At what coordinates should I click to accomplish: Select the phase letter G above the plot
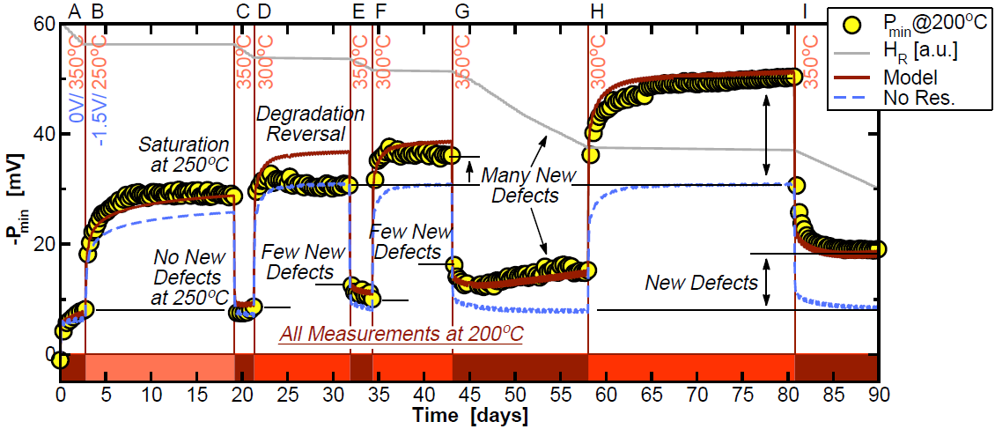click(462, 11)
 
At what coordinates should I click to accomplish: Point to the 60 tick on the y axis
click(41, 25)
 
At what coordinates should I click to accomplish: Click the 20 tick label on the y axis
click(41, 244)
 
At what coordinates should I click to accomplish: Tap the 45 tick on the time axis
click(468, 394)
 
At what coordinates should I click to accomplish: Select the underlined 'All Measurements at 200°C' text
click(401, 335)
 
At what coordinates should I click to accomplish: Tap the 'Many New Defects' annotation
click(520, 186)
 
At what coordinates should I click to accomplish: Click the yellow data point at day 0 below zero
click(60, 359)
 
